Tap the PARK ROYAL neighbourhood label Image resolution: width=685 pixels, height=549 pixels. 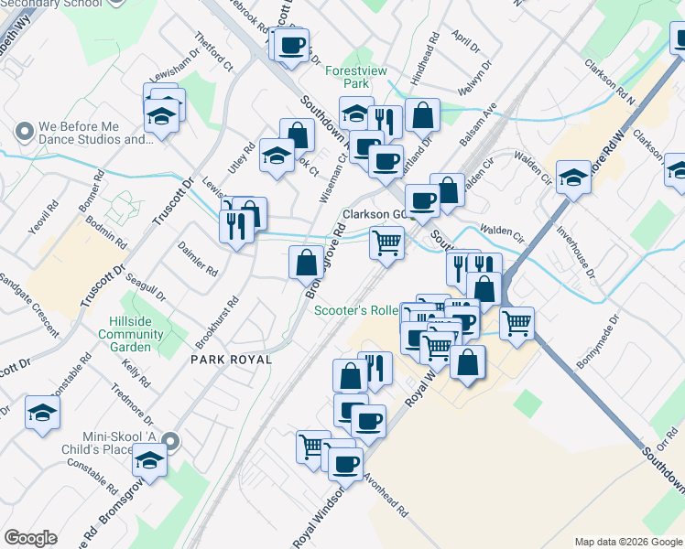(x=231, y=360)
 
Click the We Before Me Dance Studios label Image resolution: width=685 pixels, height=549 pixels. (x=95, y=134)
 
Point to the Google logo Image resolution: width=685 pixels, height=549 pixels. (x=31, y=538)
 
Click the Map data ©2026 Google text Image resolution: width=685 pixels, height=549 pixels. (x=627, y=542)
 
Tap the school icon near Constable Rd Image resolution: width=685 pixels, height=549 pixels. (x=42, y=414)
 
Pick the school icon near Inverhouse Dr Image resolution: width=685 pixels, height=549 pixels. (x=573, y=177)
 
